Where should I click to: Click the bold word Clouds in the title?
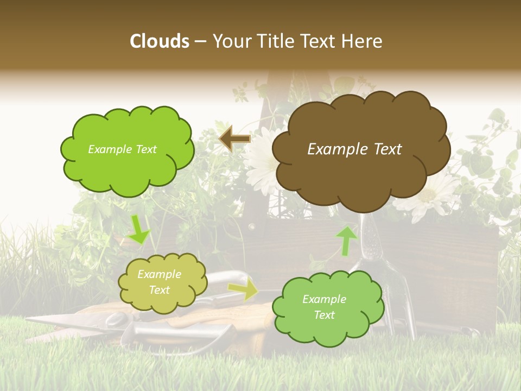pyautogui.click(x=160, y=41)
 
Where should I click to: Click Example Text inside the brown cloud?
pyautogui.click(x=354, y=149)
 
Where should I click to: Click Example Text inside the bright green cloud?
pyautogui.click(x=122, y=149)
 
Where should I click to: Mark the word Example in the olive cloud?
pyautogui.click(x=159, y=275)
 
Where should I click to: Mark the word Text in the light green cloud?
pyautogui.click(x=324, y=315)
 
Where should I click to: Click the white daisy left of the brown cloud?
pyautogui.click(x=260, y=157)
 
